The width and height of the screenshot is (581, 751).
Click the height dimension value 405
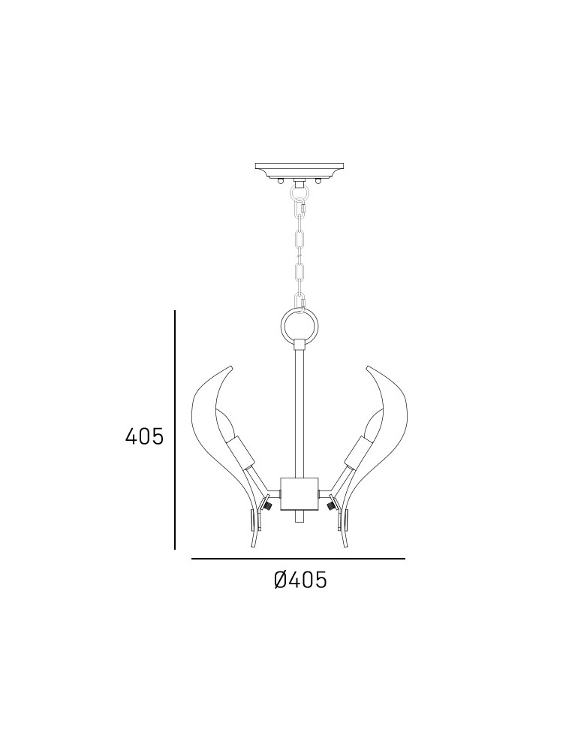[144, 436]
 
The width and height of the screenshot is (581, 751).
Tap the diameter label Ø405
[300, 580]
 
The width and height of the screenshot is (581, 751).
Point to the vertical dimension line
[175, 430]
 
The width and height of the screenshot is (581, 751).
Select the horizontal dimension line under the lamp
[298, 559]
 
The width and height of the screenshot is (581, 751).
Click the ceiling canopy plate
[299, 167]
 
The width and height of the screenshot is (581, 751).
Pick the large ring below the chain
[300, 325]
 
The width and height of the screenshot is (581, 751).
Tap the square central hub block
[300, 493]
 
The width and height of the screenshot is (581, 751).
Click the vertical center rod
[300, 413]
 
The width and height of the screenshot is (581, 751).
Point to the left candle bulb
[226, 425]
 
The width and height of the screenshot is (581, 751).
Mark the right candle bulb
[373, 425]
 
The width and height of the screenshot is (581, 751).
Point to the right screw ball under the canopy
[318, 180]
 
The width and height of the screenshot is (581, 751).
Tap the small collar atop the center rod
[300, 345]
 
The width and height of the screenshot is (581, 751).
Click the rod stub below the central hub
[300, 518]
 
